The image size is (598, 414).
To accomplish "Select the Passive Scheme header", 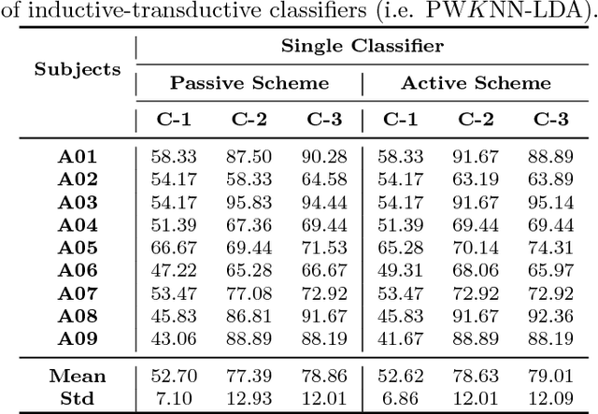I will click(x=249, y=82).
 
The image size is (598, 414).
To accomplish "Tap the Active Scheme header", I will click(x=476, y=82).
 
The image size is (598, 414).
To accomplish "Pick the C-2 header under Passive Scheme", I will click(x=249, y=119).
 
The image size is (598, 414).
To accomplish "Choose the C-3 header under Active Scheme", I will click(x=551, y=119).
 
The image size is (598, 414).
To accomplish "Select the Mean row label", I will click(x=78, y=377).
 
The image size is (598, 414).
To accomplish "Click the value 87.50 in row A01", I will click(x=249, y=156).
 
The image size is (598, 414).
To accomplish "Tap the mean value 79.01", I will click(x=551, y=377).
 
